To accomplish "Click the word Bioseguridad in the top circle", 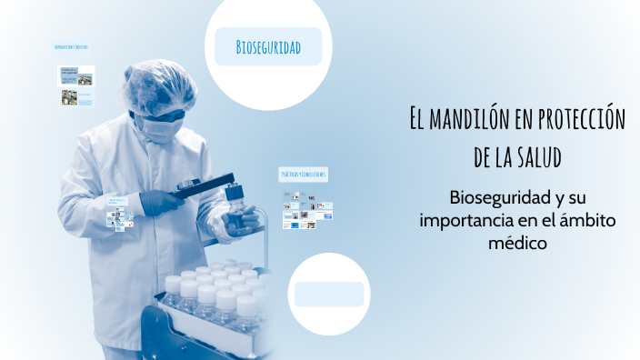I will tap(268, 46).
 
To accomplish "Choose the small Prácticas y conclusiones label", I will tap(303, 174).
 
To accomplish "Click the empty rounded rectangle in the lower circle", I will tap(329, 294).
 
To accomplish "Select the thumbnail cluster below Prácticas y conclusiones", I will tap(308, 213).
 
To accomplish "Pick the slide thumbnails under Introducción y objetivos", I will tap(77, 85).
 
